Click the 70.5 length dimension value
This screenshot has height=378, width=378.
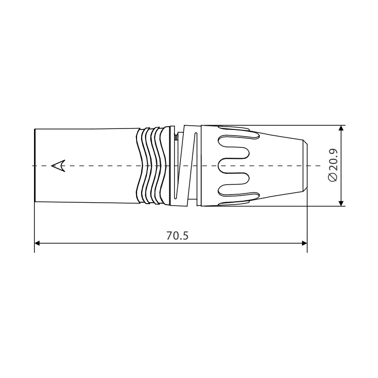point(177,235)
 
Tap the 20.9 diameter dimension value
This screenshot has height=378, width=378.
point(333,160)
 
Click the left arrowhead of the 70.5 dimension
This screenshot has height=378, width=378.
point(38,243)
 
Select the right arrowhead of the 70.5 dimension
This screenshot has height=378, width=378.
point(304,243)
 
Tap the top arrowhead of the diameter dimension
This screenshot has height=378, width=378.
point(342,129)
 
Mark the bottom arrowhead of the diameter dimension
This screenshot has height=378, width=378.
point(342,203)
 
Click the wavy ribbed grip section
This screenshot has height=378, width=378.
point(150,165)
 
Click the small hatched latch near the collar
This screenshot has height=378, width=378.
point(176,137)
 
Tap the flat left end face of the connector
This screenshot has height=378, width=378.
point(35,165)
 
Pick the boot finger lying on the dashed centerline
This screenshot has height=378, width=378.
point(234,165)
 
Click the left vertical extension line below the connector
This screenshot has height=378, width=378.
point(34,227)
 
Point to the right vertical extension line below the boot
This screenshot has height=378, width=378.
point(307,227)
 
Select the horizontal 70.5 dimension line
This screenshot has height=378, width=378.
point(118,243)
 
